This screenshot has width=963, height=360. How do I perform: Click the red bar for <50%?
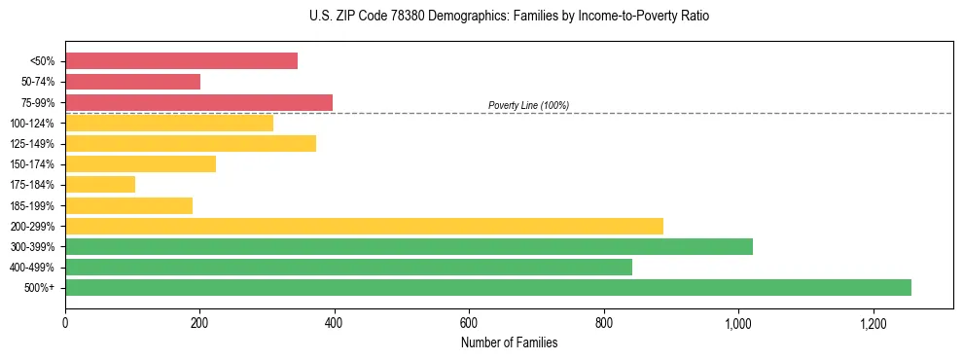click(x=181, y=61)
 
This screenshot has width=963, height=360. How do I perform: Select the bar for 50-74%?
click(x=132, y=82)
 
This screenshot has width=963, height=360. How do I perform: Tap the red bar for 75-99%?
click(x=198, y=102)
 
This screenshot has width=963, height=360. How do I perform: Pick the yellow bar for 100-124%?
click(x=169, y=123)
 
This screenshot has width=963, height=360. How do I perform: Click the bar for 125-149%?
click(x=191, y=144)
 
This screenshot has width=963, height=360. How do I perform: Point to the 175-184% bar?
click(x=100, y=185)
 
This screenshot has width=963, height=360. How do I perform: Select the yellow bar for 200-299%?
click(x=364, y=226)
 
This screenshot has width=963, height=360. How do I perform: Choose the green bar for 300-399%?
click(x=409, y=246)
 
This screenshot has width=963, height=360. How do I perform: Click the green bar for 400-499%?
click(x=348, y=267)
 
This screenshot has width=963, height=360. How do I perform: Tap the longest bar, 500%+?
click(x=488, y=287)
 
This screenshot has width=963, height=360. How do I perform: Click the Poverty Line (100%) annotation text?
click(x=528, y=105)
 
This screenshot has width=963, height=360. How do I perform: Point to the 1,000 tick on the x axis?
click(x=738, y=323)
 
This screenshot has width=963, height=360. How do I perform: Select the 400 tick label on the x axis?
click(x=335, y=323)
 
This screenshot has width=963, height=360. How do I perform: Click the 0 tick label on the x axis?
click(x=65, y=323)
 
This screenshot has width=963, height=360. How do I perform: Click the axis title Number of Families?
click(x=509, y=342)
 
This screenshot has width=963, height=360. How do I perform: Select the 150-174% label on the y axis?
click(x=32, y=164)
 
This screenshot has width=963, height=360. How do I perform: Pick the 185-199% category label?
click(x=32, y=205)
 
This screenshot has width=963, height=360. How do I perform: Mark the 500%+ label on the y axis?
click(x=41, y=288)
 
